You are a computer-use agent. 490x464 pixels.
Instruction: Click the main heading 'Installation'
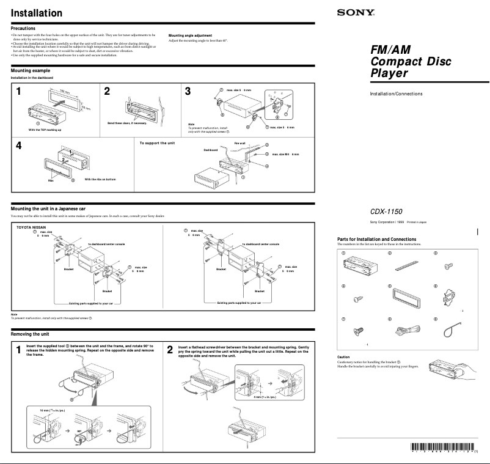[37, 13]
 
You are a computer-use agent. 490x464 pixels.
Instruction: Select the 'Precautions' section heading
[23, 28]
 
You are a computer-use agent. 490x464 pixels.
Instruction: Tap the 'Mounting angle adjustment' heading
[190, 35]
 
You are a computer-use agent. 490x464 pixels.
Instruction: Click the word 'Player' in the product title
[389, 74]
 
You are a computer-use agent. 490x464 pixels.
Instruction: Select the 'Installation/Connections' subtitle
[396, 94]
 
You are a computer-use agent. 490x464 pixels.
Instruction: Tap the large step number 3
[188, 92]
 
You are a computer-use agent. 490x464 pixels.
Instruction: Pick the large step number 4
[19, 147]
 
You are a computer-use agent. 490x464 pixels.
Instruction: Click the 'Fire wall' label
[240, 142]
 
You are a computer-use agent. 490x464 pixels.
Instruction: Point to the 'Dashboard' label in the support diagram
[210, 149]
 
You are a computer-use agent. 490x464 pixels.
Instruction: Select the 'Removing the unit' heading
[30, 334]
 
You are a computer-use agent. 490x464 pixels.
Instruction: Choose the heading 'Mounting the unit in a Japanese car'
[49, 209]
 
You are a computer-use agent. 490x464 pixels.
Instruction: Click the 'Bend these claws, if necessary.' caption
[127, 123]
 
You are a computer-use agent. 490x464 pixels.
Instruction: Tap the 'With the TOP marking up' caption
[45, 130]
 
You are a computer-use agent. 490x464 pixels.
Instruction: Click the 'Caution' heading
[343, 357]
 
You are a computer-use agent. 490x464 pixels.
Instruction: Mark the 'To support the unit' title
[157, 142]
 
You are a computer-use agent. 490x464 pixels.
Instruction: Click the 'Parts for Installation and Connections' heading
[376, 239]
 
